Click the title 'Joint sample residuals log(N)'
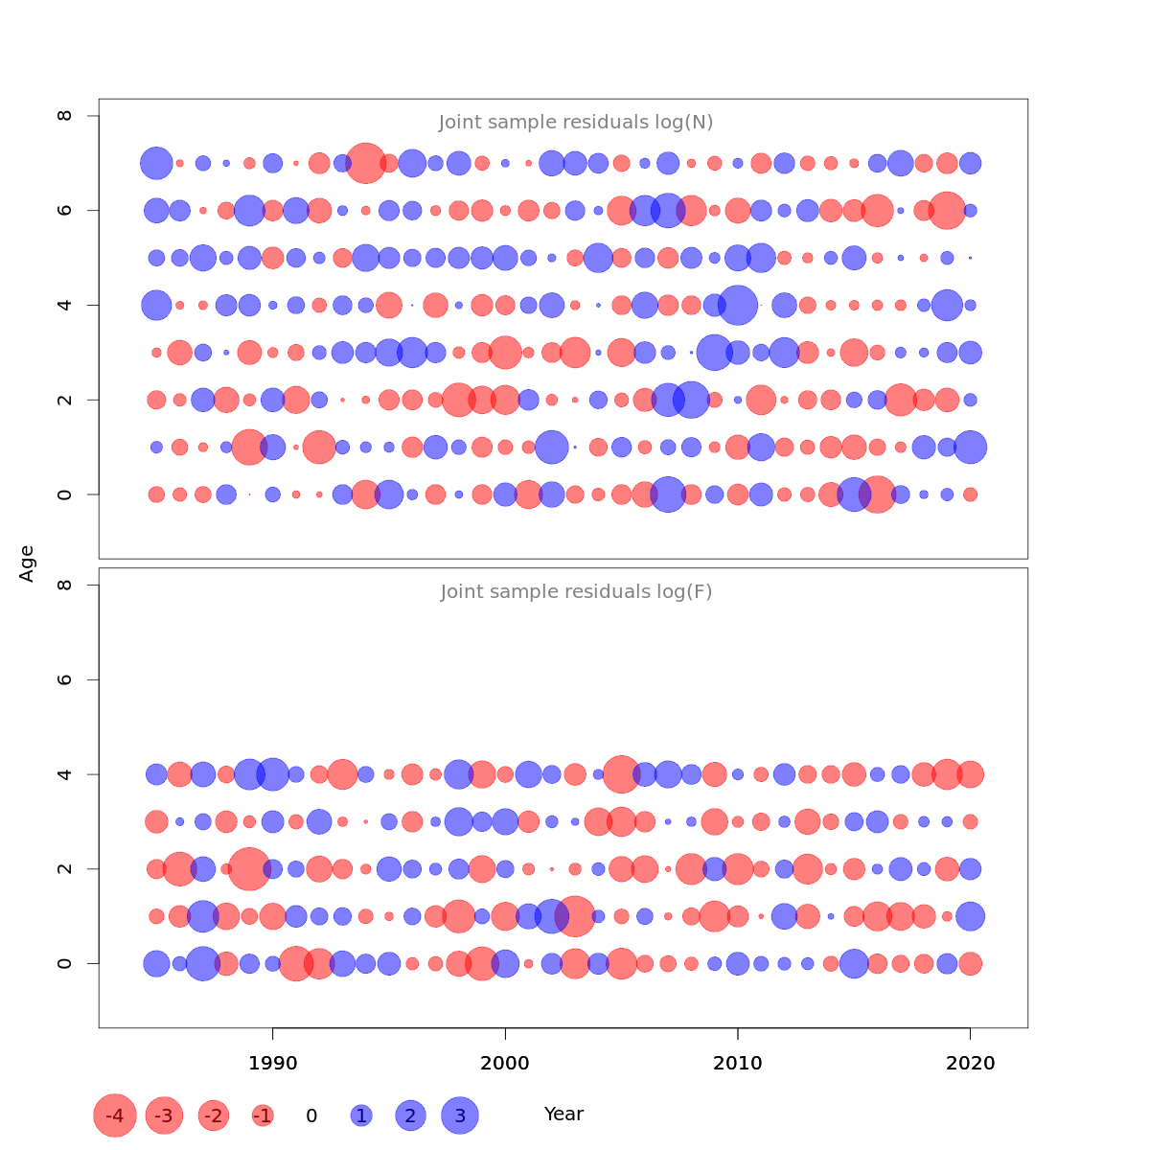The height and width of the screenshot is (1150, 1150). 576,123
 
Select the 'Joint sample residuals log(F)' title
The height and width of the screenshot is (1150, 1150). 576,592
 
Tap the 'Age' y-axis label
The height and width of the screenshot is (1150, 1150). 28,563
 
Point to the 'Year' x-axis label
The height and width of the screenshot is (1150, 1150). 563,1115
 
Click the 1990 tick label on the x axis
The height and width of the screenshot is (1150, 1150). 273,1064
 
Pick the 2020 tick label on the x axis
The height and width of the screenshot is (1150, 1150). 970,1064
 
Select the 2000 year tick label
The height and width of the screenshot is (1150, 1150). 505,1064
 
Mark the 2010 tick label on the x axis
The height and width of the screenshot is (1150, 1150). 738,1064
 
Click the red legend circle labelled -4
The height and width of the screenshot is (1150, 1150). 115,1115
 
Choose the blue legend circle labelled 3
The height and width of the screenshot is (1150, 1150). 460,1115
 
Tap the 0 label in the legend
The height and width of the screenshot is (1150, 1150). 311,1115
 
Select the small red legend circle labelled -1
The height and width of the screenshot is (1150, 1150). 263,1115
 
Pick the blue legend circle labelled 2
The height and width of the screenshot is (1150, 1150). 410,1115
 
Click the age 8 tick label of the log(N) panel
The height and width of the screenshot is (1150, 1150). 65,116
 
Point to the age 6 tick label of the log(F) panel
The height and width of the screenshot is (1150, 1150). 65,679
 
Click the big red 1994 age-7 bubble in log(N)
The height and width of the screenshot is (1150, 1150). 365,163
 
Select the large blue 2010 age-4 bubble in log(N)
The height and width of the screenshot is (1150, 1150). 738,305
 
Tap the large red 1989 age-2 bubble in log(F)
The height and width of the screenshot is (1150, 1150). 249,869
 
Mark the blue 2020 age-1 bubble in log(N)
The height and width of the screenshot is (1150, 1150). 970,447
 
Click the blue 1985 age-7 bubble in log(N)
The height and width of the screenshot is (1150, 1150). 156,163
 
